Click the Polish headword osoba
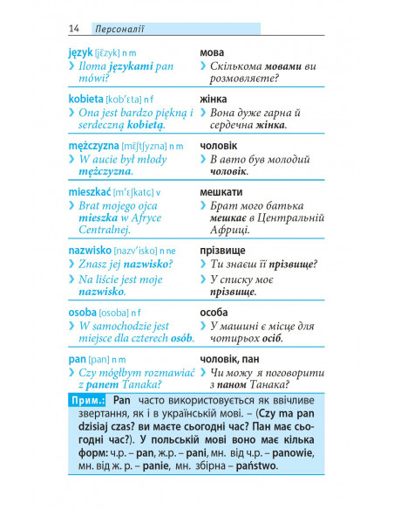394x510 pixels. tap(82, 312)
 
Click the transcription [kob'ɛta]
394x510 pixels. tap(128, 100)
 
